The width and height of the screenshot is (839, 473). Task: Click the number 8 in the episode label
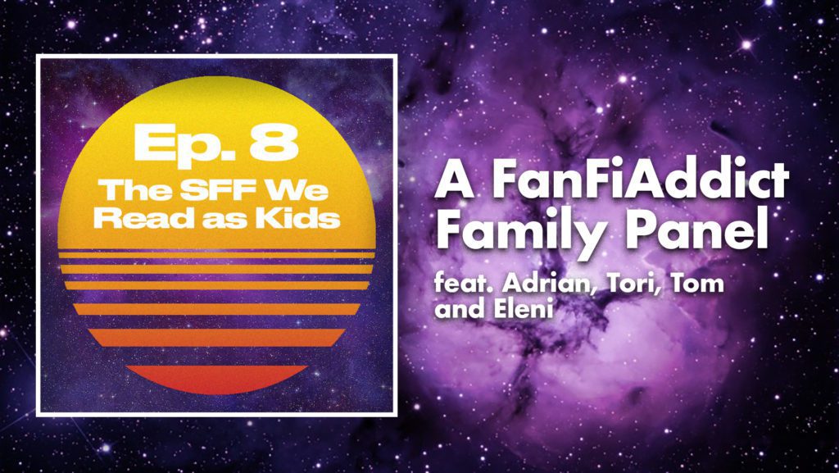click(x=274, y=143)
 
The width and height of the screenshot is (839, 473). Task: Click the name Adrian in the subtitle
click(x=551, y=284)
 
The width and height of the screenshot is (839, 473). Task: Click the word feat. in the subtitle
click(x=465, y=283)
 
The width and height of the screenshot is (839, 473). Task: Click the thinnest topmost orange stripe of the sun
click(x=216, y=255)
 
